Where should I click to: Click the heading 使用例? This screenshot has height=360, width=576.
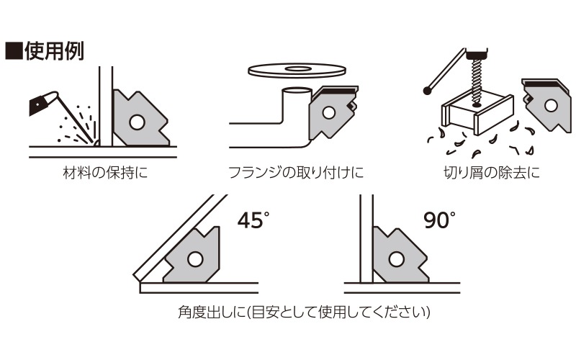[55, 51]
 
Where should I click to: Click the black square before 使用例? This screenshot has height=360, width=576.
[14, 51]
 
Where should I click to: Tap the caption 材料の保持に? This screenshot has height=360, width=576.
[106, 173]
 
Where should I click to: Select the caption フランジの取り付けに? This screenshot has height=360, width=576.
[296, 173]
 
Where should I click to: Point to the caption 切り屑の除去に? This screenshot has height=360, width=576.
[492, 173]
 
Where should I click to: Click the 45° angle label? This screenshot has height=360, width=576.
[253, 220]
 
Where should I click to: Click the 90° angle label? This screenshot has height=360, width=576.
[439, 220]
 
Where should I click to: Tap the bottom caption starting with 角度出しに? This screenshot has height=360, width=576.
[304, 312]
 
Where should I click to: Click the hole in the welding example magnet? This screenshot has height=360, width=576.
[138, 122]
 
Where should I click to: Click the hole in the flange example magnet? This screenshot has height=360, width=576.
[328, 113]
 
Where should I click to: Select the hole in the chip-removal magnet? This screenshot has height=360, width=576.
[550, 105]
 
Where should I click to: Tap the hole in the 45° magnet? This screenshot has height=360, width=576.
[195, 259]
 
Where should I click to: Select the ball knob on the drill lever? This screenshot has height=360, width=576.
[427, 90]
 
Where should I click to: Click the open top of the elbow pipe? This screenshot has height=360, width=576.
[297, 90]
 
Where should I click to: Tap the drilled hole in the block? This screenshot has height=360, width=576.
[477, 105]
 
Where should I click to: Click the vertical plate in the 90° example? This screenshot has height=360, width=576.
[366, 239]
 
